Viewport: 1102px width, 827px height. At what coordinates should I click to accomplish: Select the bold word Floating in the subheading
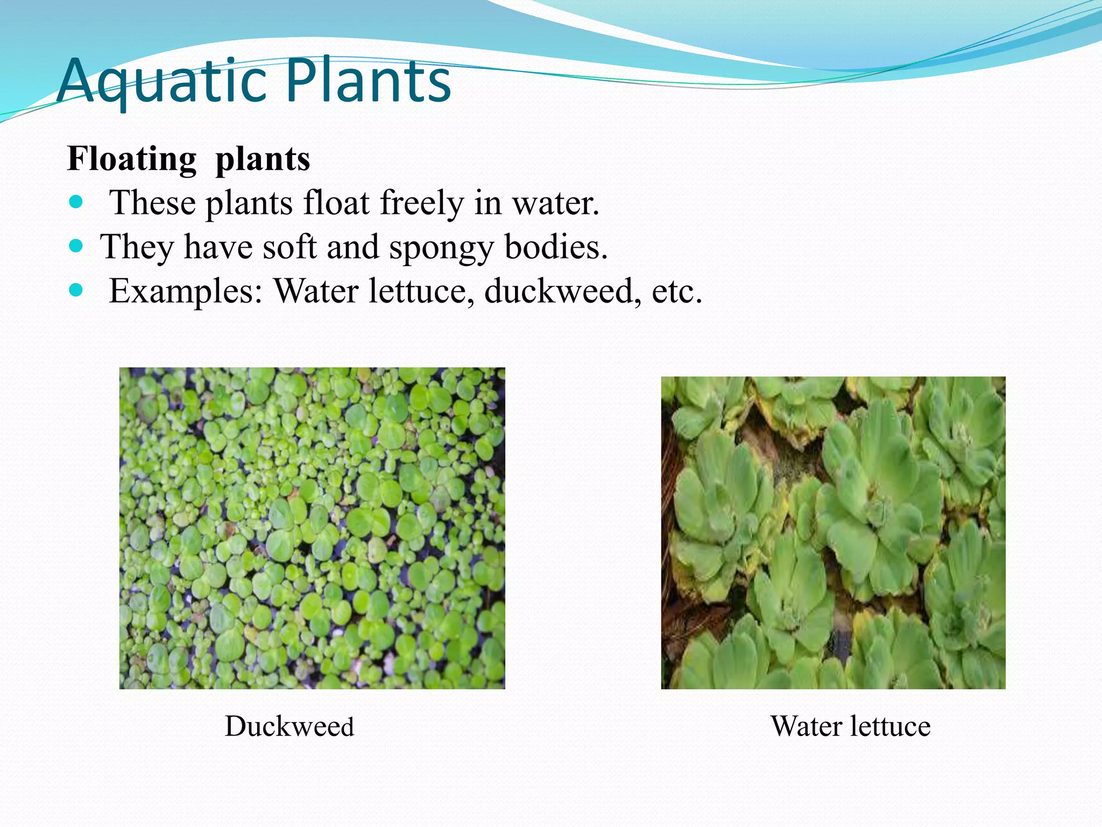pos(132,160)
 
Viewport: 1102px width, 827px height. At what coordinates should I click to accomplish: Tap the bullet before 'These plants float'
pos(76,203)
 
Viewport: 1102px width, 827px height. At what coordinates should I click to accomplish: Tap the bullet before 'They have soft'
pos(76,247)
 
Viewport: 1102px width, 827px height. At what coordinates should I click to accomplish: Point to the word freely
pos(422,204)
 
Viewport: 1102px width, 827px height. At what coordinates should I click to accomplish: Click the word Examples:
pos(186,292)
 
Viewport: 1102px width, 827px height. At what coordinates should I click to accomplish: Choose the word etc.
pos(677,291)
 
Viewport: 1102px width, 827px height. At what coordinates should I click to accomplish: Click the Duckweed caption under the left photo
pos(289,726)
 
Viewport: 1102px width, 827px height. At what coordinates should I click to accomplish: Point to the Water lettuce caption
pos(850,726)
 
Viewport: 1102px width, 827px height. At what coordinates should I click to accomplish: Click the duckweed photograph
pos(312,528)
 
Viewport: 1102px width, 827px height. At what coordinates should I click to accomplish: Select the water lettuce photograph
pos(833,532)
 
